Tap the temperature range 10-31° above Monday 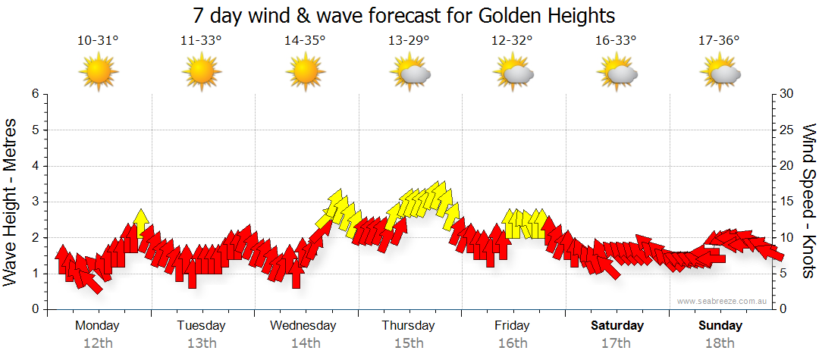[x=98, y=41]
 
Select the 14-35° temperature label [x=305, y=41]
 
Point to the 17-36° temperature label [x=720, y=41]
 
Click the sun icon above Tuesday [x=202, y=73]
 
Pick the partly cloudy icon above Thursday [x=409, y=73]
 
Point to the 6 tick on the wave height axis [x=34, y=94]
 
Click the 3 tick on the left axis [x=34, y=202]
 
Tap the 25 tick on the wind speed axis [x=788, y=130]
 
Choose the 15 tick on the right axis [x=788, y=202]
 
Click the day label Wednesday [x=303, y=326]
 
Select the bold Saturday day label [x=617, y=326]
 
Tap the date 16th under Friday [x=513, y=343]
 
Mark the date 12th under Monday [x=98, y=343]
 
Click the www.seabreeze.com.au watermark [x=723, y=301]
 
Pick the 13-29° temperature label [x=409, y=41]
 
